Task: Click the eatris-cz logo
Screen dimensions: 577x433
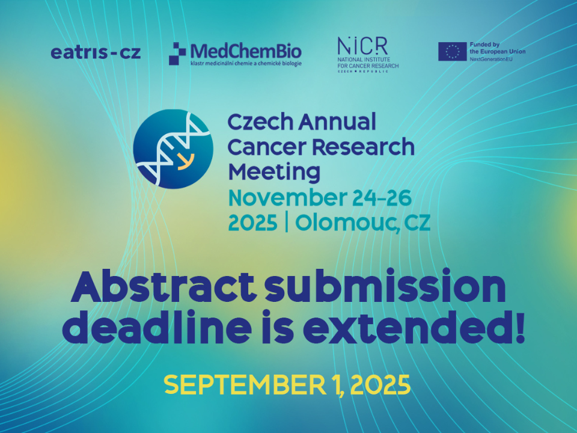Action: (96, 53)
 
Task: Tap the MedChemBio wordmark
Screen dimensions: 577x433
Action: (246, 51)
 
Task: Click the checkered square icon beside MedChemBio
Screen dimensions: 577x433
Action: (177, 54)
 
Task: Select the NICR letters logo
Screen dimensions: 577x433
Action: (362, 46)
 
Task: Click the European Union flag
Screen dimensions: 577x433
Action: (452, 52)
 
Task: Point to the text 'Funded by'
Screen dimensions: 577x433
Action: (484, 45)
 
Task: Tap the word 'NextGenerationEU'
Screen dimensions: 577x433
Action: (491, 59)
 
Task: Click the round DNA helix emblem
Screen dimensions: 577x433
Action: (173, 149)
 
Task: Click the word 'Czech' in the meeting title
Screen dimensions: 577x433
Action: (260, 122)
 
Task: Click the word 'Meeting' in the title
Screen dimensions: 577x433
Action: (274, 172)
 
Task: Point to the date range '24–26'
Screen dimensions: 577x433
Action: (382, 198)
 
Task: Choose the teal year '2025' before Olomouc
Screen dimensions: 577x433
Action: (253, 223)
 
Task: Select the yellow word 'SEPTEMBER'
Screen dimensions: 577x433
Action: (245, 385)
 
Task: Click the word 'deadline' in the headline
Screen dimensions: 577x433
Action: (157, 327)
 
